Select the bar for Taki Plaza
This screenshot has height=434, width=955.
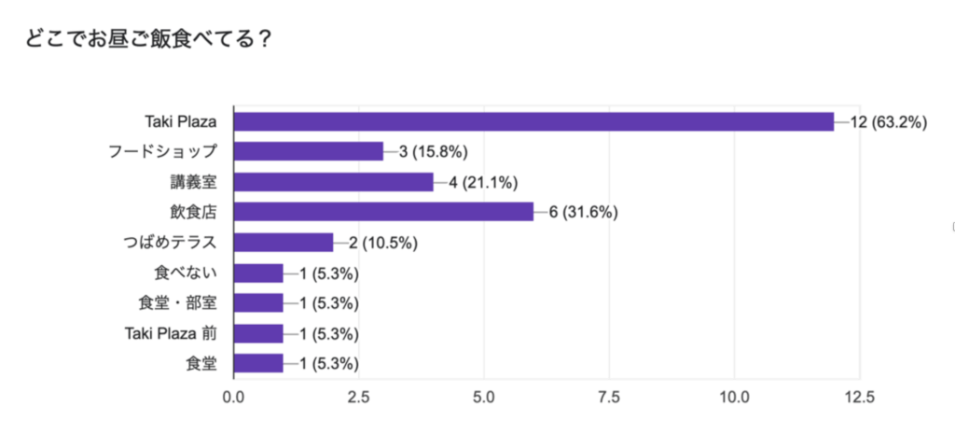pos(533,121)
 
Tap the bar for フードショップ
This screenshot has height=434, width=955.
pos(308,151)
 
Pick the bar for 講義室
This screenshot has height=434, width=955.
pos(333,182)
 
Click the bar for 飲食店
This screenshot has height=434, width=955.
pos(382,212)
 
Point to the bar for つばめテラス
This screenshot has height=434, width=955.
pos(283,243)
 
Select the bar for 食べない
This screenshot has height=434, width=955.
pos(258,273)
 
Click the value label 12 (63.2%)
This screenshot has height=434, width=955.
pos(888,121)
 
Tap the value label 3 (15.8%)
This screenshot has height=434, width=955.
pos(433,151)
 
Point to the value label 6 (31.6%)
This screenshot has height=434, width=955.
pos(583,212)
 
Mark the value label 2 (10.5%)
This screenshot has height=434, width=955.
pos(382,243)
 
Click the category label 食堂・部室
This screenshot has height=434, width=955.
pos(176,303)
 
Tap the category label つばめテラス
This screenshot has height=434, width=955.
pos(169,243)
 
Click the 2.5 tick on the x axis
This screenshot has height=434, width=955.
pos(358,397)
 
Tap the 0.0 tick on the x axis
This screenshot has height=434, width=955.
pos(233,397)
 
